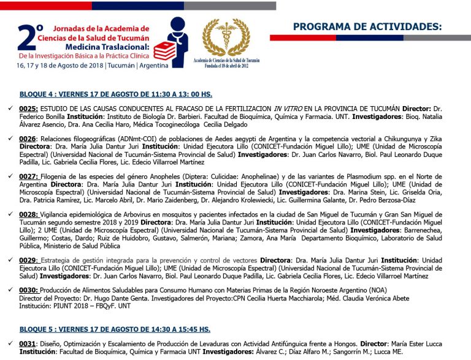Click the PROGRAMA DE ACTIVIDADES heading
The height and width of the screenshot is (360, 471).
(x=367, y=26)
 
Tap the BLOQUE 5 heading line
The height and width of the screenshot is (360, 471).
(x=115, y=329)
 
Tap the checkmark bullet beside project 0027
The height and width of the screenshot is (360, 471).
(x=9, y=175)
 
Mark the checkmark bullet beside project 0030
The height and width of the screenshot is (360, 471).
(x=9, y=289)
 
